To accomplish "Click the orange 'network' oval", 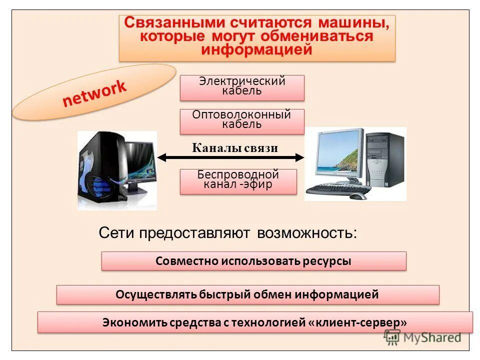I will [x=94, y=92].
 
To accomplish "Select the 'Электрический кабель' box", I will [x=242, y=87].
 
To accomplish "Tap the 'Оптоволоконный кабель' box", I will [x=242, y=121].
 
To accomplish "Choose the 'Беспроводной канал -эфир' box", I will [x=238, y=181].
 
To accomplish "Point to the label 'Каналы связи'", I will [x=234, y=148].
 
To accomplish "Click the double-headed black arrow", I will [x=230, y=157].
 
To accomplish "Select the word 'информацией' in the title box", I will [x=257, y=50].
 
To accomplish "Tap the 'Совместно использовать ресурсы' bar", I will [x=253, y=261].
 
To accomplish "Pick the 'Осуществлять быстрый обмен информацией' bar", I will [x=247, y=294].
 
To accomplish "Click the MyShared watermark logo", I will [x=422, y=337].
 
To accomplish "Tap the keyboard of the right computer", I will [x=338, y=189].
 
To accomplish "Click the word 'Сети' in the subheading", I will [x=116, y=233].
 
